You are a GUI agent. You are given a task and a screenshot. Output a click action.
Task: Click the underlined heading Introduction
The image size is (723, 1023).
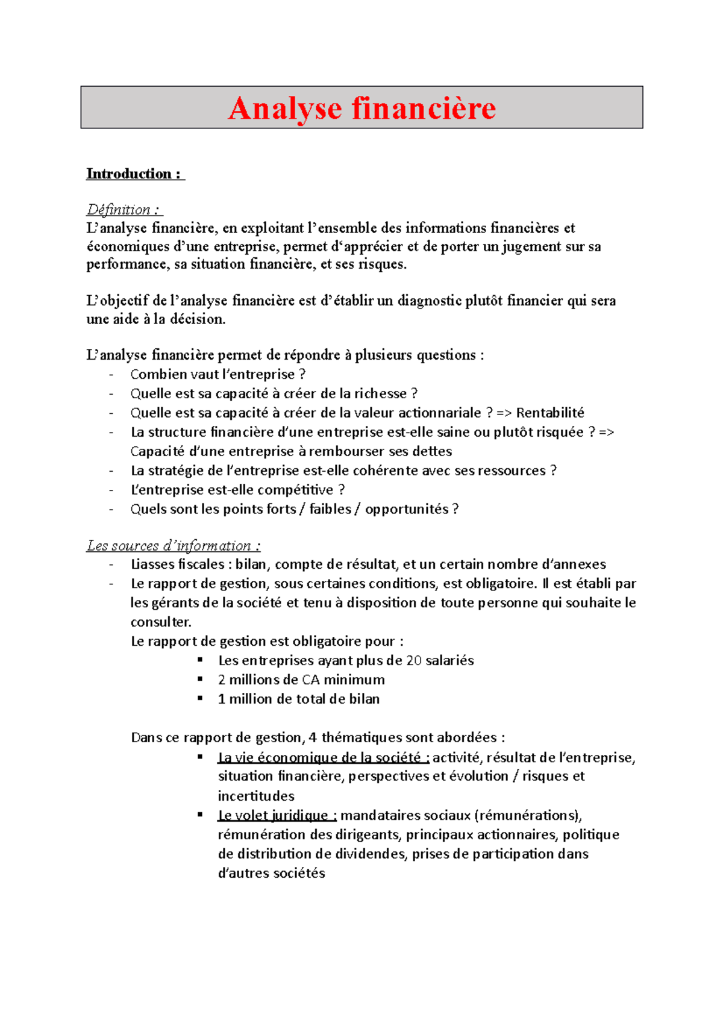coord(129,174)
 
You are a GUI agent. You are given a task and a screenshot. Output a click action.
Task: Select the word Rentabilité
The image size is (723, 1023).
coord(550,413)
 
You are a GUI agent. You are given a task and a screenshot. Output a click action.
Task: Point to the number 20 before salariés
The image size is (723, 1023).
coord(414,660)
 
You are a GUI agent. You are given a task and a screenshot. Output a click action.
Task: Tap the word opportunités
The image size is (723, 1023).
coord(407,509)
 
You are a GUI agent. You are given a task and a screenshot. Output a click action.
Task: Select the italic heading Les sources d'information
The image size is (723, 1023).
coord(174,546)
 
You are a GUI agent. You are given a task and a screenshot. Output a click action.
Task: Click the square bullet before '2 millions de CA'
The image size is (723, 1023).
coord(201,679)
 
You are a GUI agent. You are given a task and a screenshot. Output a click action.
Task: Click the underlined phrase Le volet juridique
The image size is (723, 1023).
coord(273,815)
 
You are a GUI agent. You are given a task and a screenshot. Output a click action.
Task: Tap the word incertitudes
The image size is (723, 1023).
coord(256,796)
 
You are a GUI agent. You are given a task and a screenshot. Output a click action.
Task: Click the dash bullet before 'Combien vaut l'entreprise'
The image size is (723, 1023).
coord(111,375)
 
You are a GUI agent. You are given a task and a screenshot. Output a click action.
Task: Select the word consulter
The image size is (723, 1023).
coord(161,622)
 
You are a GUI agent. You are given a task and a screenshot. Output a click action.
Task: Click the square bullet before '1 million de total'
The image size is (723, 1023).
coord(201,698)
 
